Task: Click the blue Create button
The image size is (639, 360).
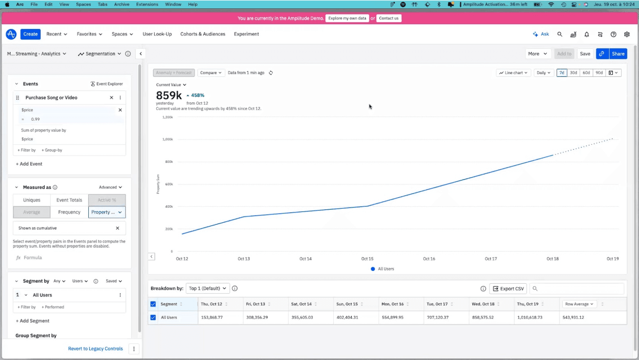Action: pyautogui.click(x=31, y=34)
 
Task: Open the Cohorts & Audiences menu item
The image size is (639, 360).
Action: pyautogui.click(x=203, y=34)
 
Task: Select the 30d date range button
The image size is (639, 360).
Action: pyautogui.click(x=573, y=73)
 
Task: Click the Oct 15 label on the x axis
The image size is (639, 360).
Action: pyautogui.click(x=367, y=259)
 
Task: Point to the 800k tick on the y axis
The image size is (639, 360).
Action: pyautogui.click(x=169, y=162)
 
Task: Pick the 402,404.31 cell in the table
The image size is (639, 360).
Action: pyautogui.click(x=347, y=317)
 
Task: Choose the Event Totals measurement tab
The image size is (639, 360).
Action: pyautogui.click(x=69, y=200)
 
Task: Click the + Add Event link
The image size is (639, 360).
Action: pyautogui.click(x=29, y=164)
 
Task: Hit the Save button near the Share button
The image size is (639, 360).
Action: pyautogui.click(x=585, y=54)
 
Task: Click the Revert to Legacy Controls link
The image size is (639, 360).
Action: pyautogui.click(x=95, y=349)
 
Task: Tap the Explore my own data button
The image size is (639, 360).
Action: pyautogui.click(x=347, y=18)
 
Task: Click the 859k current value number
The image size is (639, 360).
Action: pyautogui.click(x=169, y=95)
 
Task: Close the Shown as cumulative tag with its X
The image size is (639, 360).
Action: pyautogui.click(x=117, y=228)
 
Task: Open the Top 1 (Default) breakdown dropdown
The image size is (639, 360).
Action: pyautogui.click(x=207, y=288)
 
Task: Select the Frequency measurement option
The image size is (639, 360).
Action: pyautogui.click(x=69, y=212)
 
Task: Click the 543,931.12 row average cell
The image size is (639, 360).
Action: pyautogui.click(x=573, y=317)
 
